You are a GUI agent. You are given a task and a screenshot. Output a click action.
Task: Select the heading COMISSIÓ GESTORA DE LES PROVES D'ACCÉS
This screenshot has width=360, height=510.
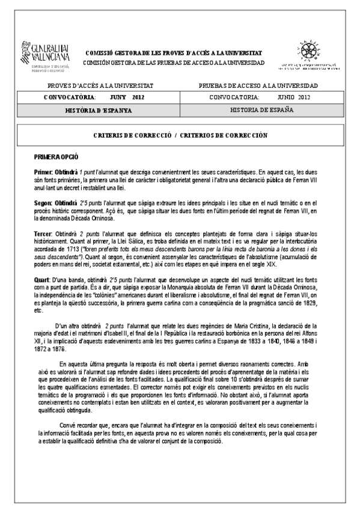174,54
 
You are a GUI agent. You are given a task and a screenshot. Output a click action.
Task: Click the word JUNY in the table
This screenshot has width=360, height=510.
118,97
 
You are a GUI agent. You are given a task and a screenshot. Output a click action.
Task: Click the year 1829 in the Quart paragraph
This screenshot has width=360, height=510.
309,304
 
